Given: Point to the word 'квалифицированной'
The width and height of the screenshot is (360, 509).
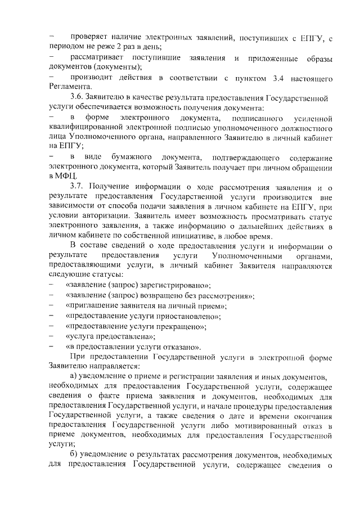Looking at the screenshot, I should click(x=86, y=128).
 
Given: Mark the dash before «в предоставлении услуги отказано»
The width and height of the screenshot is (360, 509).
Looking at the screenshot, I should click(x=52, y=347).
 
